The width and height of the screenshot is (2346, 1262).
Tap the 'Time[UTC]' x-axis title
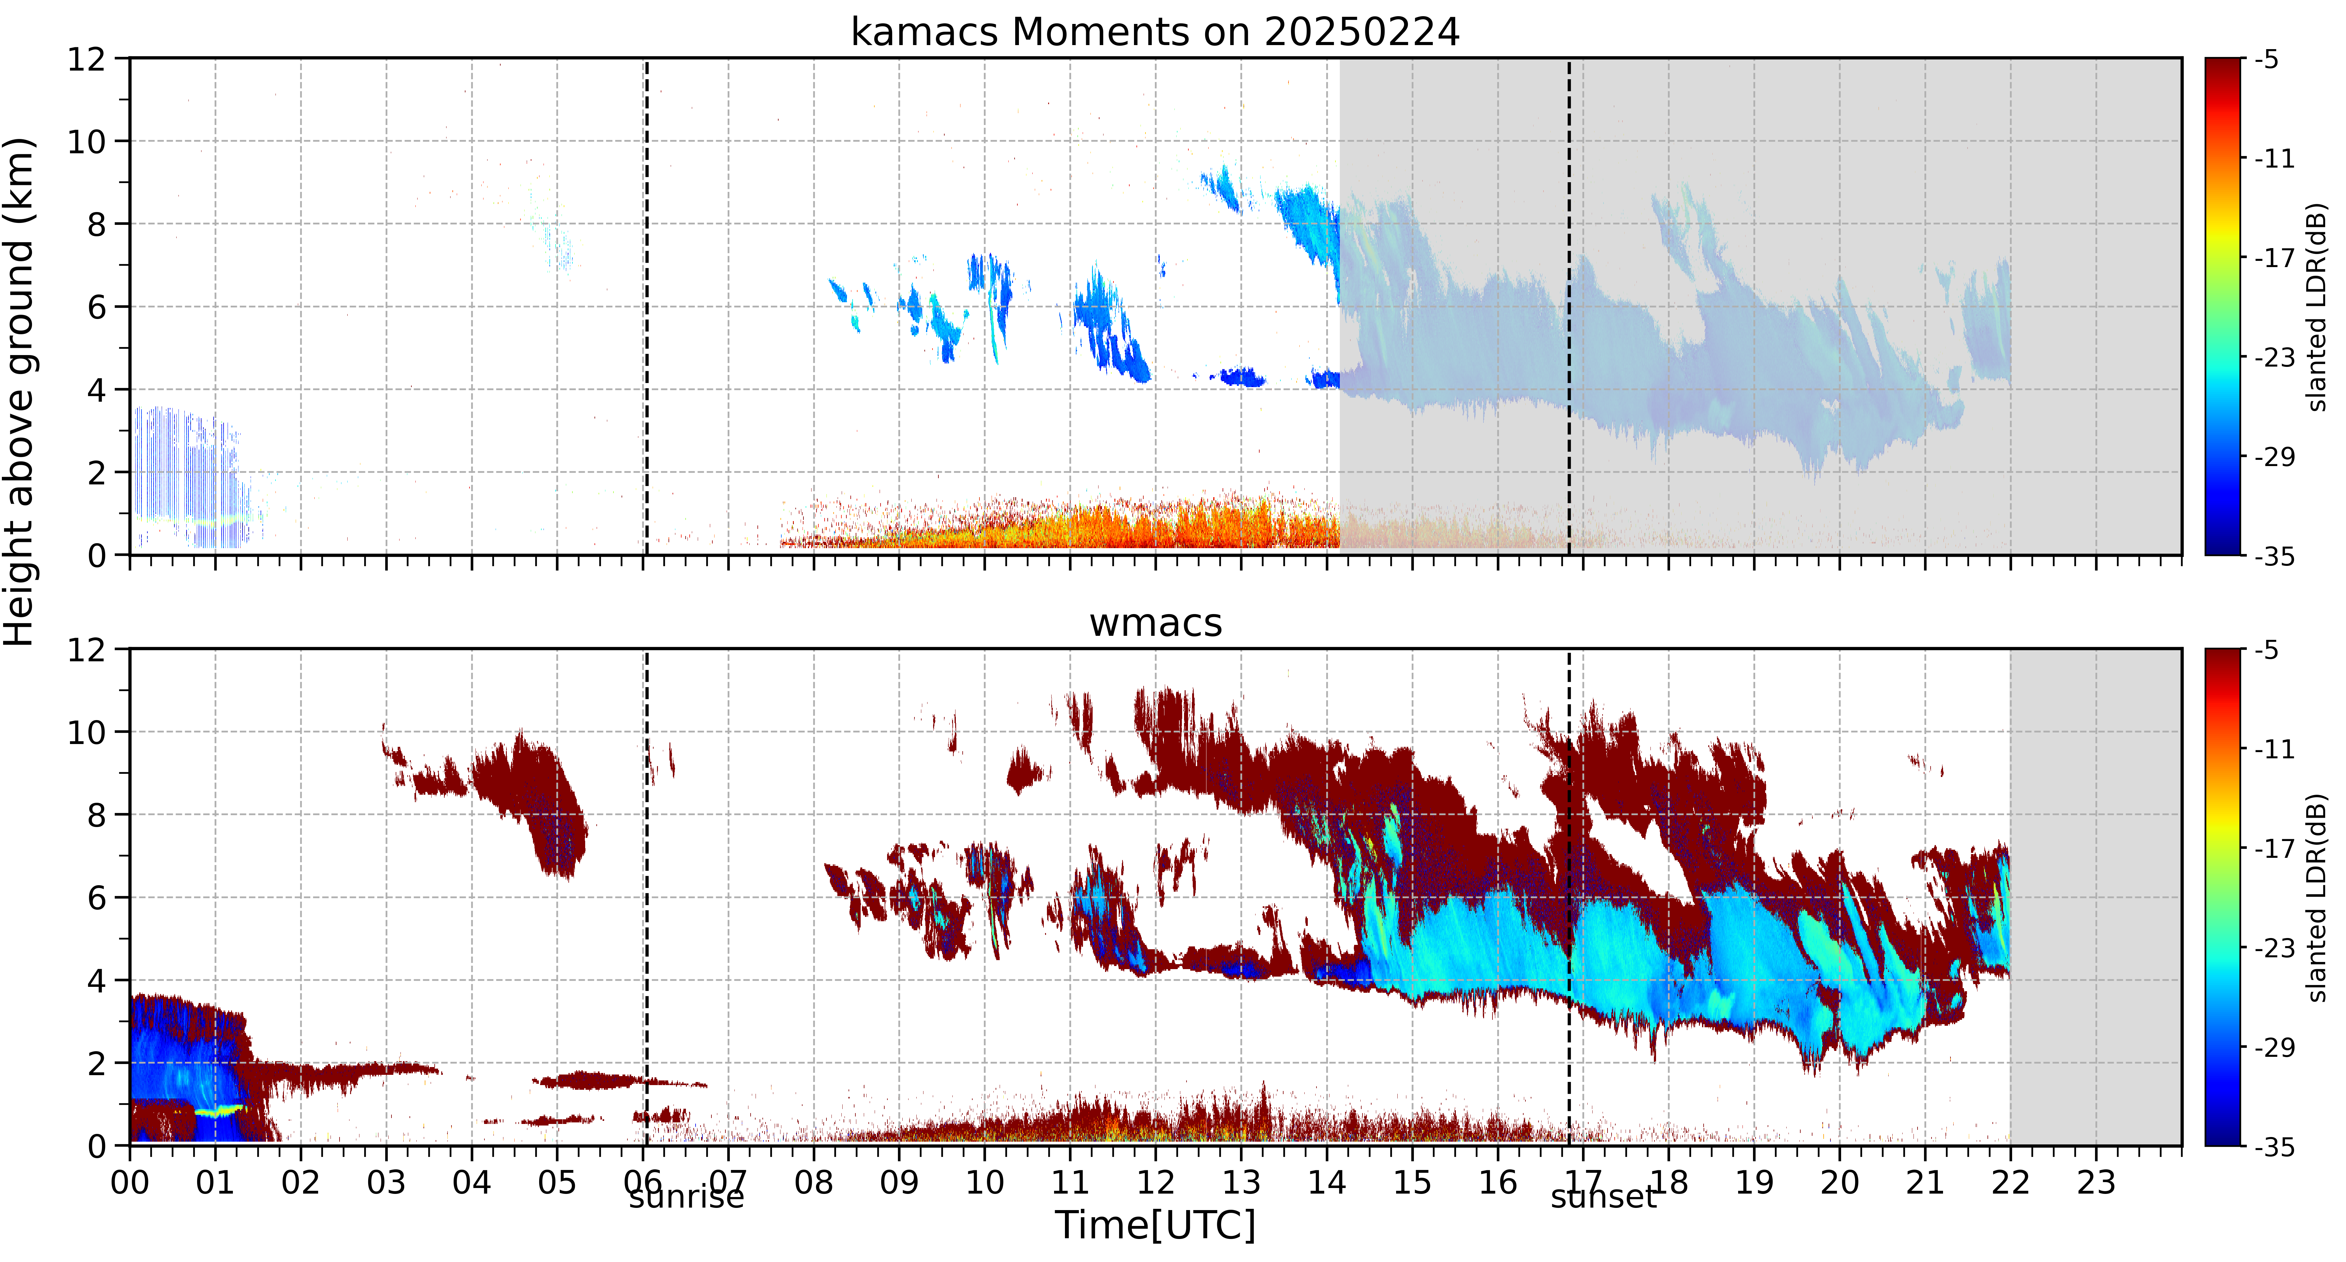tap(1155, 1226)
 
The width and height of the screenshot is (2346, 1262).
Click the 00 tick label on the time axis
tap(130, 1183)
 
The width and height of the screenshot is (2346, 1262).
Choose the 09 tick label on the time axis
tap(899, 1183)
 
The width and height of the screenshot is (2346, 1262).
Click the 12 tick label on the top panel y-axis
tap(86, 59)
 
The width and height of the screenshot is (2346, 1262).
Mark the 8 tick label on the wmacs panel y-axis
tap(96, 815)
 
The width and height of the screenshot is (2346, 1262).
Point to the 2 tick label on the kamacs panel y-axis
tap(96, 473)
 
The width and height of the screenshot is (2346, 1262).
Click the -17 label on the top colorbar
tap(2273, 259)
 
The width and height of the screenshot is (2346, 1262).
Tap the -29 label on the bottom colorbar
tap(2273, 1047)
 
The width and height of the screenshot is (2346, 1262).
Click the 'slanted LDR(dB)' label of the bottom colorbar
tap(2318, 898)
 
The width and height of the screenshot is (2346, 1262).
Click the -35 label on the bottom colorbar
tap(2273, 1146)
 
